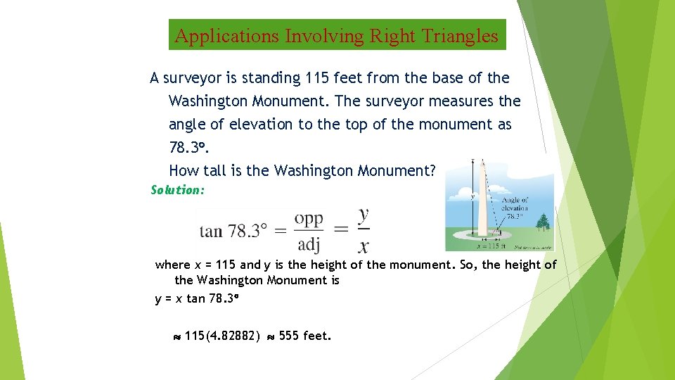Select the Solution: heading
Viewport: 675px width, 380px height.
click(x=178, y=190)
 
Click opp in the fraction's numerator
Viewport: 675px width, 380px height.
click(x=309, y=218)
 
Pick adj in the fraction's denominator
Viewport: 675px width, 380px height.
click(x=309, y=243)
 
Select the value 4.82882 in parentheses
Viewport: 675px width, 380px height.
click(x=237, y=336)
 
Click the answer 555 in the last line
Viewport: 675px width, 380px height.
click(x=289, y=336)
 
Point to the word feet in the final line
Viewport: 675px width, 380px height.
click(x=316, y=336)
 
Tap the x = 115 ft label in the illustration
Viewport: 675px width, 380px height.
click(x=489, y=246)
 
